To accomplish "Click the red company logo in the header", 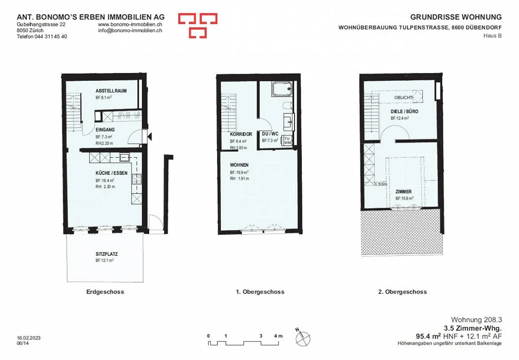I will [198, 26].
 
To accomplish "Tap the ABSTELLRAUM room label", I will [111, 91].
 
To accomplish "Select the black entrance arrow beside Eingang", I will [149, 136].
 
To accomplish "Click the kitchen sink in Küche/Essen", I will [124, 157].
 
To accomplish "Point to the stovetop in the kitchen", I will [137, 179].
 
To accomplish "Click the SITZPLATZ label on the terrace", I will [107, 254].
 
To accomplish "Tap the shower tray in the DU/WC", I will [282, 89].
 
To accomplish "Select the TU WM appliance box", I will [287, 141].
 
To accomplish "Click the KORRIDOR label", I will [241, 134].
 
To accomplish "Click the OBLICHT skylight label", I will [403, 97].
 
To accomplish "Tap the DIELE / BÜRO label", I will [404, 112].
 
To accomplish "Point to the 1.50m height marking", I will [381, 184].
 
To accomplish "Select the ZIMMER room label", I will [403, 192].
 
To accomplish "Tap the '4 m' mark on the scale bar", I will [278, 336].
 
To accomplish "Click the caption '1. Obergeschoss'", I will [260, 292].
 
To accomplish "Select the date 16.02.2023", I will [28, 338].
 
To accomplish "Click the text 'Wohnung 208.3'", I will [476, 320].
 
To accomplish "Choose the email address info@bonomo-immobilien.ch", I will [130, 31].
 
